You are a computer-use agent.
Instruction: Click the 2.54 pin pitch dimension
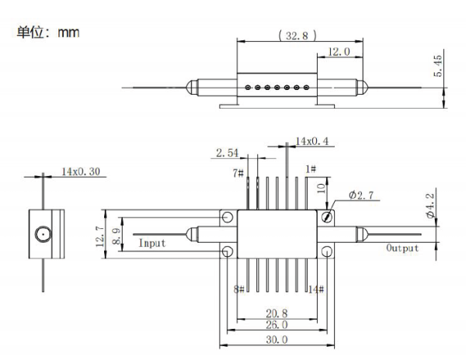pos(228,152)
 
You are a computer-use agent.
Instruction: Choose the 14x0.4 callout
pos(313,141)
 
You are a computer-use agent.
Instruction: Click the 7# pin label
pos(238,173)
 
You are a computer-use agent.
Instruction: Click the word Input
pos(151,243)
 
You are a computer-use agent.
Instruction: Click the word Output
pos(402,248)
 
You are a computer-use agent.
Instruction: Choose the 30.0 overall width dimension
pos(276,339)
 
